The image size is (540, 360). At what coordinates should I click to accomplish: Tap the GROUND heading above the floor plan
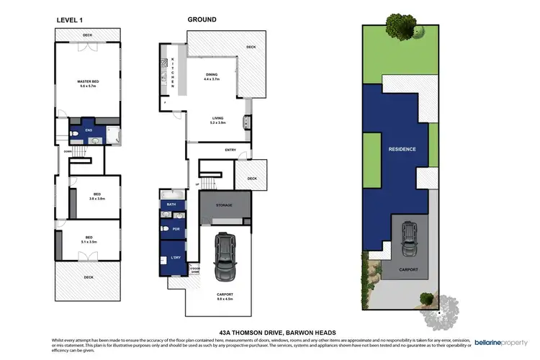[202, 20]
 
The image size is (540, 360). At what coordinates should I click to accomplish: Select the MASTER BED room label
[88, 82]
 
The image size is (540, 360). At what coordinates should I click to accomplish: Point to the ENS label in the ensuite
[89, 130]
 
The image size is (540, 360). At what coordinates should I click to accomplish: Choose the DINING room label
[212, 73]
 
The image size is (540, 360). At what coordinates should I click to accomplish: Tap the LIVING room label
[217, 119]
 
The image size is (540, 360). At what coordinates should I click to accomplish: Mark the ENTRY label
[230, 150]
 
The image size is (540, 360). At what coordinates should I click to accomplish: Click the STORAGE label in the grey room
[224, 205]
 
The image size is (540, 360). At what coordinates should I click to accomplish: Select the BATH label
[171, 204]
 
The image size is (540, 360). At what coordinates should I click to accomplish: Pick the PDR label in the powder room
[175, 229]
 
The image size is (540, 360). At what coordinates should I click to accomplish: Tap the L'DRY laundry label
[174, 258]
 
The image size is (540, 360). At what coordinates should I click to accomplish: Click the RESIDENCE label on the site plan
[402, 149]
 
